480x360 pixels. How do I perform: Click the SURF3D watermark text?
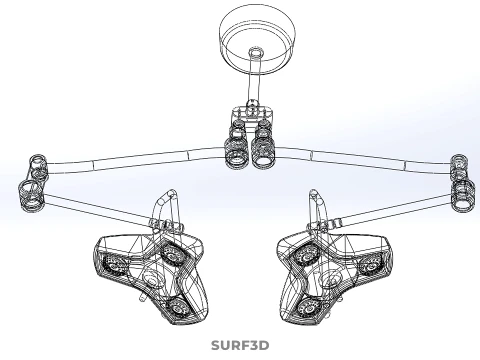click(240, 345)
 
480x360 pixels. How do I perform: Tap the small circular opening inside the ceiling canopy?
click(256, 52)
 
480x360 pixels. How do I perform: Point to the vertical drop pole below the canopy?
click(253, 80)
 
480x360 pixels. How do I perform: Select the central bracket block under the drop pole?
click(252, 114)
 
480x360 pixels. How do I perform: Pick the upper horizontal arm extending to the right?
click(363, 160)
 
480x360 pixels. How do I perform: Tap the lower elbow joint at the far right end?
click(463, 196)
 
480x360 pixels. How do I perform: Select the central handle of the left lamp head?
click(152, 278)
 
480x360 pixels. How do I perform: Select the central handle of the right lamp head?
click(329, 278)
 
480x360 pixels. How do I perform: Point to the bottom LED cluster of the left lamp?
click(177, 307)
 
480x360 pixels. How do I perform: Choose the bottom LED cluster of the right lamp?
click(308, 309)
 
